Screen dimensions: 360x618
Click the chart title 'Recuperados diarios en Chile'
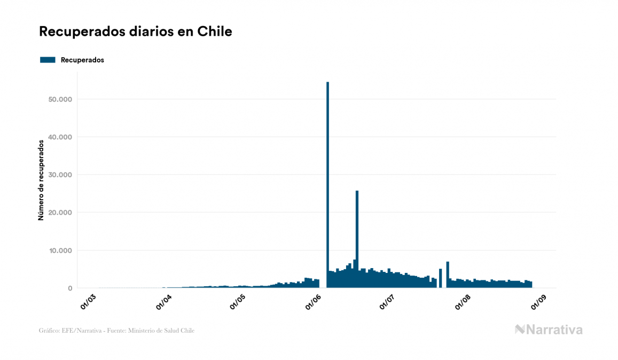136,32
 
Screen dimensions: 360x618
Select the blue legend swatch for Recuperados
48,60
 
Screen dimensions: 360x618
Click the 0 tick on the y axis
69,288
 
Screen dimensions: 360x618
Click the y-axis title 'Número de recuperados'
41,180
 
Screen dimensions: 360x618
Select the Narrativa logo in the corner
549,330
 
